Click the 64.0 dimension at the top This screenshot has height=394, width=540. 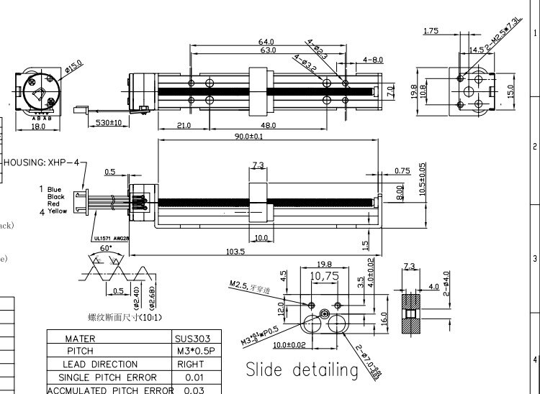click(x=266, y=42)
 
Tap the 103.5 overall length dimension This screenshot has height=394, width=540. click(x=255, y=252)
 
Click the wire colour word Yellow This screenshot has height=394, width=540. click(x=57, y=211)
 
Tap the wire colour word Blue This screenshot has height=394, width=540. click(x=55, y=189)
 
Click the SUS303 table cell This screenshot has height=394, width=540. click(x=192, y=339)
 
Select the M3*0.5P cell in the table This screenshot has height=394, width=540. click(x=192, y=352)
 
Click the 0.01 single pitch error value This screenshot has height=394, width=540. click(x=192, y=377)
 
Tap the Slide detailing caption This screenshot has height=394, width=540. click(x=302, y=370)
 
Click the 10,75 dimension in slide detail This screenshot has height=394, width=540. click(x=323, y=275)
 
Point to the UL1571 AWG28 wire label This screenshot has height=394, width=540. click(x=111, y=238)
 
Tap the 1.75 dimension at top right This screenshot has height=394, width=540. click(x=431, y=31)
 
